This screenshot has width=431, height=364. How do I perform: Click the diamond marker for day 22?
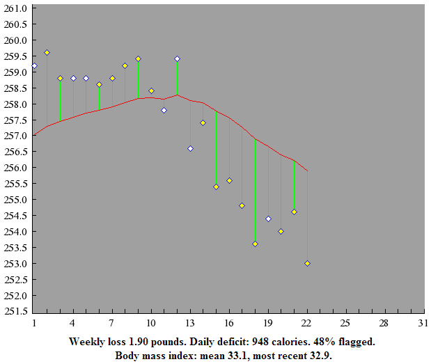307,263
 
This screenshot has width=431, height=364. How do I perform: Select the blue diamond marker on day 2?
47,52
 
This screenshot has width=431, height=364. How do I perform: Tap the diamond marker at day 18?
255,244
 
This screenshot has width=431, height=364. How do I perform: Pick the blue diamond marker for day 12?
177,59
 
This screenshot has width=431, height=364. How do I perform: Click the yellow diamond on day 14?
203,122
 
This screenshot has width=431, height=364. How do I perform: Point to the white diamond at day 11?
164,110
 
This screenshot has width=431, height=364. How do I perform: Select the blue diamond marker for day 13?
190,148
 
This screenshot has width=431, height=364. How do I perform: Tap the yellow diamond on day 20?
281,231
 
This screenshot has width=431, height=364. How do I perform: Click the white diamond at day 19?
268,219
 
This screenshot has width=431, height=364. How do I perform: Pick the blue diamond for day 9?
138,59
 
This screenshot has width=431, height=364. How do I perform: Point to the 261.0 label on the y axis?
17,8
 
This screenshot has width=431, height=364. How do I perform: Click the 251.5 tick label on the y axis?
17,311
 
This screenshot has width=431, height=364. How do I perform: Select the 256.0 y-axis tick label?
17,168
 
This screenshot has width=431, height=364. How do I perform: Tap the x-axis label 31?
421,324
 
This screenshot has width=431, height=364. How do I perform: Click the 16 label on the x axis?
229,324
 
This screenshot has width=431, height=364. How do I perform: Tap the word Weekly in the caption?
86,342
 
